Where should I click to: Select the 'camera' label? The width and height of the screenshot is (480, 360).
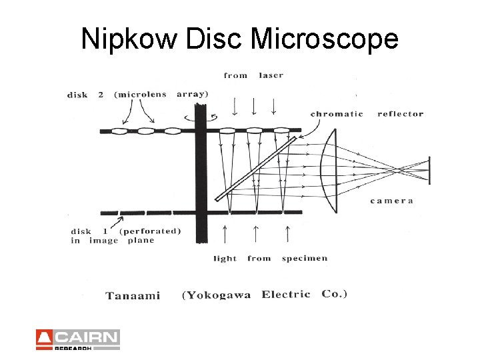click(x=392, y=201)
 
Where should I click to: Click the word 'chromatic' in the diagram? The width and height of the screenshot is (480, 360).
click(x=337, y=114)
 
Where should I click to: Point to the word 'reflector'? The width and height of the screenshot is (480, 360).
click(x=400, y=114)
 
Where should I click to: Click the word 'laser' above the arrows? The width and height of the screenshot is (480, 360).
click(x=271, y=75)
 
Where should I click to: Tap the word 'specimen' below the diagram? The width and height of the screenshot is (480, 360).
click(x=305, y=258)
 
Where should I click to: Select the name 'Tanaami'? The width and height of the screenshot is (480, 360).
click(x=133, y=295)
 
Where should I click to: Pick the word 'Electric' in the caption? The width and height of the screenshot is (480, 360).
click(x=286, y=294)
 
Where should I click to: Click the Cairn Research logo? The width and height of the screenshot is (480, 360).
click(x=78, y=339)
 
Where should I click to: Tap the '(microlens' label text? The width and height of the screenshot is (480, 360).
click(x=141, y=94)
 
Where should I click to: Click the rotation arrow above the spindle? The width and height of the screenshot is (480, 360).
click(x=199, y=116)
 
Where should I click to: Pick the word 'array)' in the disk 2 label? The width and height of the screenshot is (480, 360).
click(x=193, y=94)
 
